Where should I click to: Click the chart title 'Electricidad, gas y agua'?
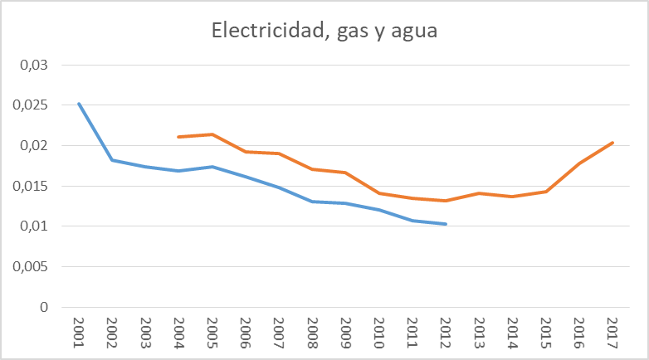[x=324, y=32]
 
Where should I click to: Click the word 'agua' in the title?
[x=412, y=32]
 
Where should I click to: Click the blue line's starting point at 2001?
[x=79, y=104]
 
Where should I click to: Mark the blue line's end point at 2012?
[x=446, y=224]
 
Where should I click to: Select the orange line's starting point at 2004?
[x=178, y=137]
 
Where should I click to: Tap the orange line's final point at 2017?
[x=612, y=143]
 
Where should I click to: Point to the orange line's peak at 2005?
[x=212, y=134]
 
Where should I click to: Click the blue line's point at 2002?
[x=112, y=160]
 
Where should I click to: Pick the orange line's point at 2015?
[x=545, y=192]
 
